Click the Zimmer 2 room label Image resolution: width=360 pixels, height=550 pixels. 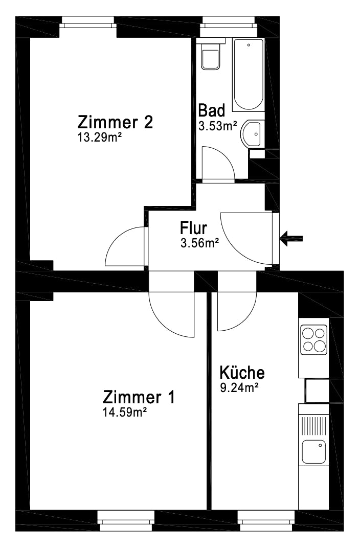click(x=115, y=122)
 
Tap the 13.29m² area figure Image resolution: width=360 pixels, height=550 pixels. click(x=99, y=137)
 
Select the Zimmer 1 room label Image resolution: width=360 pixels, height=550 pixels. click(x=139, y=397)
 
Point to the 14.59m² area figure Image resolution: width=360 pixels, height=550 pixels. click(x=125, y=412)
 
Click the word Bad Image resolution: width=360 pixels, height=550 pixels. click(x=212, y=110)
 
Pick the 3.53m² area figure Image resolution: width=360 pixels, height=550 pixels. click(x=217, y=126)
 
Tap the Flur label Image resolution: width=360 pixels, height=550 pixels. click(x=194, y=228)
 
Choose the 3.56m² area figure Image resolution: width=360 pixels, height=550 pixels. click(x=199, y=243)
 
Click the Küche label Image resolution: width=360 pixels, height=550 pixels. click(x=242, y=373)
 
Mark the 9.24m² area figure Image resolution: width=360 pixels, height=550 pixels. click(x=239, y=387)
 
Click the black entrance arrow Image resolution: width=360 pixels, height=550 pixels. click(x=291, y=239)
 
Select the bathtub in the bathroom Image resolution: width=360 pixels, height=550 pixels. click(x=249, y=75)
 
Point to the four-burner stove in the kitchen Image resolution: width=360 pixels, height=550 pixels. click(x=314, y=339)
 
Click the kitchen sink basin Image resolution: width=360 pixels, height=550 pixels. click(x=313, y=452)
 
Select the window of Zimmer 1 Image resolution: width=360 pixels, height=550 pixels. click(x=126, y=520)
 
